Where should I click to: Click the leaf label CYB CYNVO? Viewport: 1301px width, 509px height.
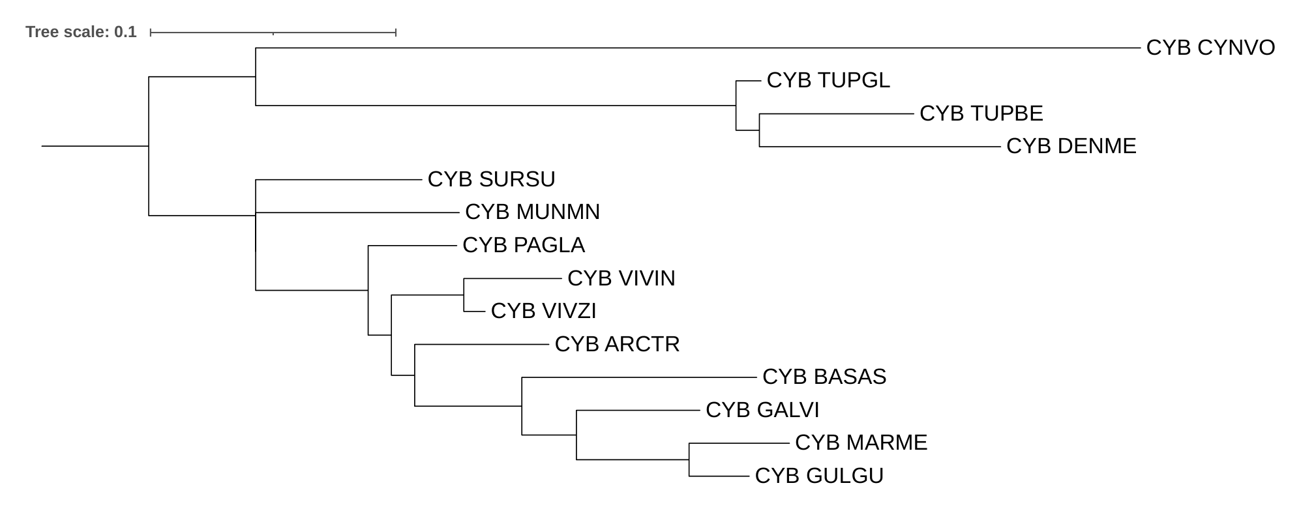point(1210,48)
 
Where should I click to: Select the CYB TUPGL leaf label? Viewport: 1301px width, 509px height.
point(828,80)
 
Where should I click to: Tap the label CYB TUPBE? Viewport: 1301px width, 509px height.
point(981,113)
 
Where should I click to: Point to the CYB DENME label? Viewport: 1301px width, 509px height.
point(1071,146)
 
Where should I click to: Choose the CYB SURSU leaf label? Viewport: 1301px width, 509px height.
point(491,179)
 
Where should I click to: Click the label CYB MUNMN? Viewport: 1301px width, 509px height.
point(532,212)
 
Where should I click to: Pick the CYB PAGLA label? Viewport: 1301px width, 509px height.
point(523,245)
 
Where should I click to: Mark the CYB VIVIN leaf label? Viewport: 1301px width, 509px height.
point(621,278)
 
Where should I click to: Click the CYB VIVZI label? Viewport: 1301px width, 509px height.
point(543,311)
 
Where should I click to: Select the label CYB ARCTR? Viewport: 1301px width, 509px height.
point(617,344)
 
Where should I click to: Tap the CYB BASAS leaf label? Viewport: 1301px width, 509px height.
point(824,377)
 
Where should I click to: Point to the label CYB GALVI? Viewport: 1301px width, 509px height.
point(762,410)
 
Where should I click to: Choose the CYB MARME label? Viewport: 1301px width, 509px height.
point(861,443)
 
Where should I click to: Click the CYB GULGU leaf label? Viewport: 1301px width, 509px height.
point(818,476)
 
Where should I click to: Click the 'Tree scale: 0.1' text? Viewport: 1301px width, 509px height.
point(81,32)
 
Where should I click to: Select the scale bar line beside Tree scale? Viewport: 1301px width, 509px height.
point(273,32)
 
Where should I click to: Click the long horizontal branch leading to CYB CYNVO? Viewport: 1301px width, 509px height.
point(698,48)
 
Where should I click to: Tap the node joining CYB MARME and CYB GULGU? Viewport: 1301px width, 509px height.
point(689,459)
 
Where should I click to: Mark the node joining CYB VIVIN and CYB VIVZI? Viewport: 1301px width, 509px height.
point(464,295)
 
